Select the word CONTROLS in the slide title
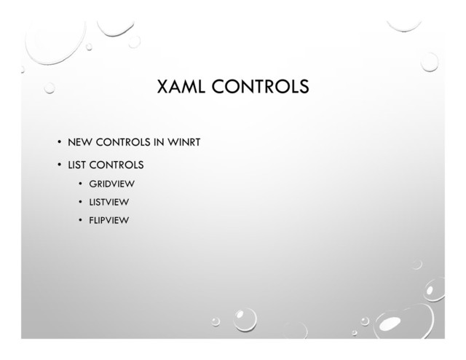[261, 88]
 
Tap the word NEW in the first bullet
[79, 141]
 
